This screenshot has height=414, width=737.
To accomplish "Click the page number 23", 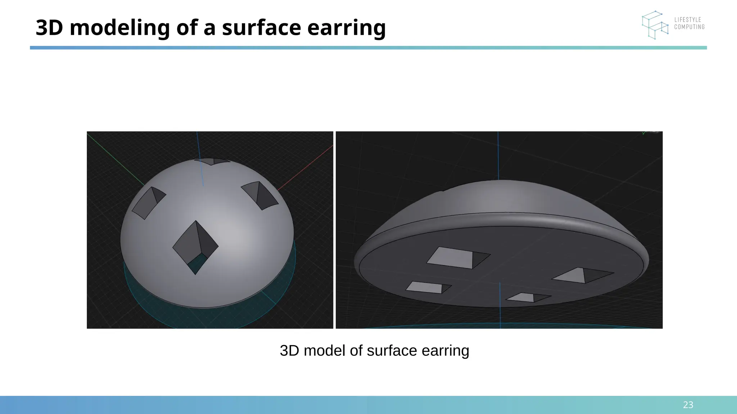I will point(688,405).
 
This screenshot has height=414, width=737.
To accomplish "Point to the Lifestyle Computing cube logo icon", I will point(655,25).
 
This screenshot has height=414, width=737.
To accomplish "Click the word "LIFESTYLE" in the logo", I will point(688,20).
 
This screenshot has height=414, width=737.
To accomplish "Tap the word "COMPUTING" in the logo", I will point(689,27).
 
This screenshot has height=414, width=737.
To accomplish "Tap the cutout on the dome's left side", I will point(149,203).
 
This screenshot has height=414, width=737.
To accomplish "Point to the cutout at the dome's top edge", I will point(212,161).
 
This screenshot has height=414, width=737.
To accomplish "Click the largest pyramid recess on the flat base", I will point(457,258).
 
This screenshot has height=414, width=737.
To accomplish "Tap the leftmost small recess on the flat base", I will point(428,287).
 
